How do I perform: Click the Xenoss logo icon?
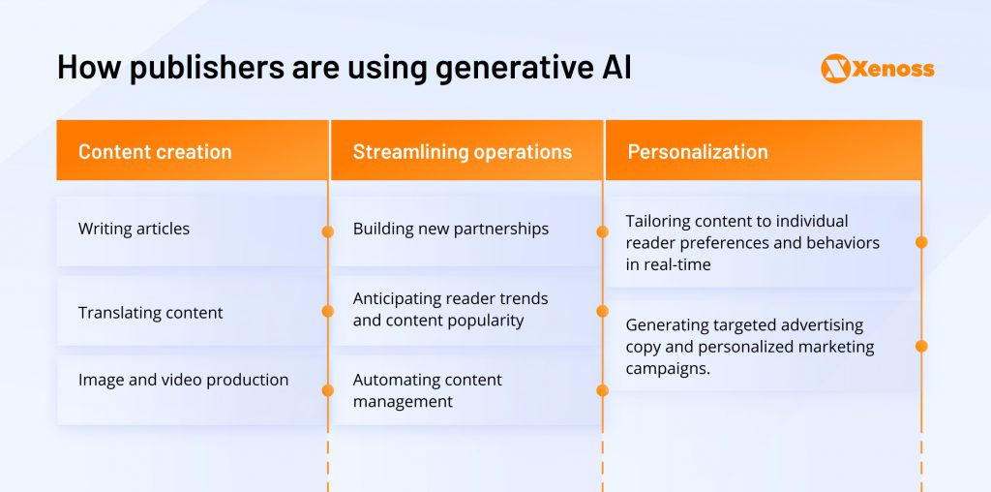[x=834, y=69]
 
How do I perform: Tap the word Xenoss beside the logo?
[x=893, y=69]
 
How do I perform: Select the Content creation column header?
[x=155, y=152]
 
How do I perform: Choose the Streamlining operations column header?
[x=462, y=152]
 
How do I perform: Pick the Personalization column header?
[x=698, y=152]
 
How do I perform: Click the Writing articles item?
[x=134, y=230]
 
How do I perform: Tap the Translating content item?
[x=150, y=313]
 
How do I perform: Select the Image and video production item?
[x=183, y=380]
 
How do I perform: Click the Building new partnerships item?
[x=450, y=230]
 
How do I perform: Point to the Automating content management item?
[x=427, y=390]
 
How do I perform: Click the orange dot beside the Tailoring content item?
[x=921, y=242]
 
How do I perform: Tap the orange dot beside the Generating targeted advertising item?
[x=921, y=346]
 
